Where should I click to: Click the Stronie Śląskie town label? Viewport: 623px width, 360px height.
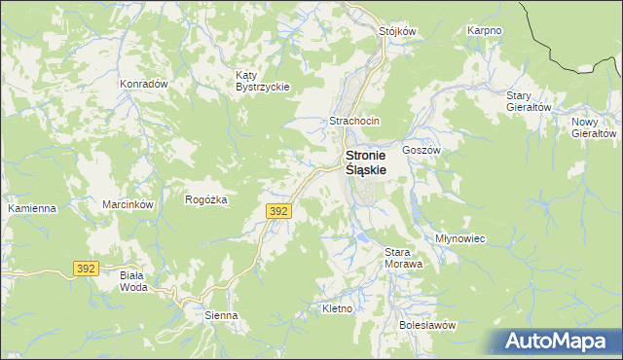[x=366, y=162]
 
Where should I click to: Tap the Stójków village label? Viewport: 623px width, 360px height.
[x=397, y=31]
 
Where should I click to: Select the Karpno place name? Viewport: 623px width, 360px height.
[x=484, y=31]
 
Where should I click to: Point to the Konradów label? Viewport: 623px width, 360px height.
[x=144, y=84]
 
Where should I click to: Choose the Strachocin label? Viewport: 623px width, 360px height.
[x=354, y=121]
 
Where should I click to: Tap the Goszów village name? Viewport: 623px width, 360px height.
[x=422, y=151]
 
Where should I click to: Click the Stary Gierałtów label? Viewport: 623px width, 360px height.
[x=530, y=101]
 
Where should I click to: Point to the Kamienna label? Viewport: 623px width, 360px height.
[x=32, y=209]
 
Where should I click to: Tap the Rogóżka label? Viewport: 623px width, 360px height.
[x=206, y=199]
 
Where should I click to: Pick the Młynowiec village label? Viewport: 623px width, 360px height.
[x=460, y=238]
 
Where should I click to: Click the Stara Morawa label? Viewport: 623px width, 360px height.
[x=403, y=258]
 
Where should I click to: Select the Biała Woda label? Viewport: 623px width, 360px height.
[x=132, y=281]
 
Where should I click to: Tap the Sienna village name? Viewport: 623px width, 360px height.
[x=221, y=315]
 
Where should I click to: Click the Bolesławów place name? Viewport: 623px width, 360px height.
[x=427, y=325]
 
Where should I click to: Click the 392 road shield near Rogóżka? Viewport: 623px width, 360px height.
[x=277, y=210]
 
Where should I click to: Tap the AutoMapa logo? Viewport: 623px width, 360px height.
[x=554, y=341]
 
